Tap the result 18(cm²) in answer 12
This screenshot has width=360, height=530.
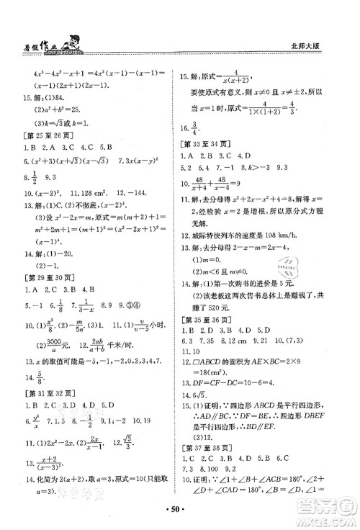[x=220, y=380]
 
